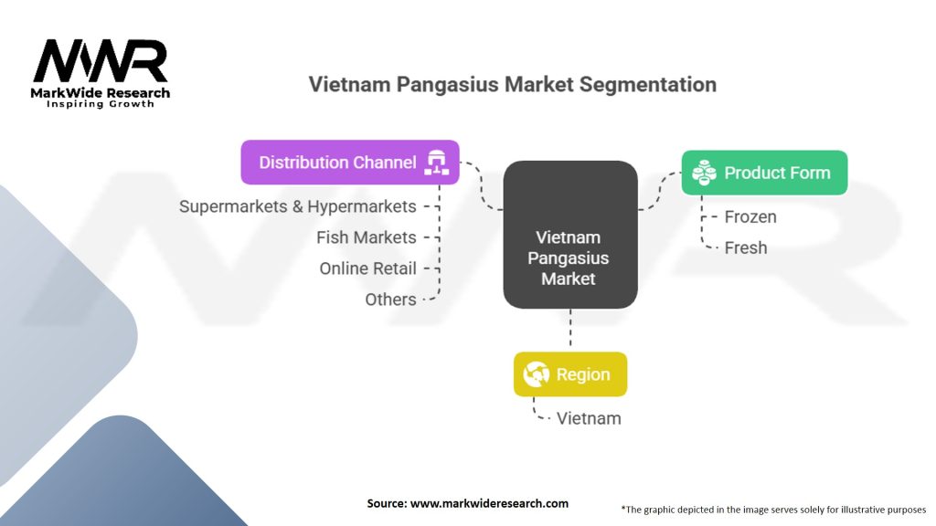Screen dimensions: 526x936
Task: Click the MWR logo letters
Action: [101, 61]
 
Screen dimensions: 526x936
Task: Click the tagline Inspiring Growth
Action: [101, 104]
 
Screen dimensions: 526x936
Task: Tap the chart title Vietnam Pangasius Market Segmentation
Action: [512, 85]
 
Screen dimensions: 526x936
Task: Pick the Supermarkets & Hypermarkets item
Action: [297, 206]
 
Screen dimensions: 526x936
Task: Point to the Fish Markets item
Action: [366, 237]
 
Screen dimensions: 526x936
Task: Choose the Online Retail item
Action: [367, 268]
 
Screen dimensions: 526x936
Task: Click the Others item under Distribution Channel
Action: [390, 300]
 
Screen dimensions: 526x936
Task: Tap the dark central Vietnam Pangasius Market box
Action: [569, 234]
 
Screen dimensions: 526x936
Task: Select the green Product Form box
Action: [764, 173]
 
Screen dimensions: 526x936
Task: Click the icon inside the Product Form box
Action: [704, 173]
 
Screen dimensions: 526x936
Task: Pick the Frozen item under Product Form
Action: [750, 216]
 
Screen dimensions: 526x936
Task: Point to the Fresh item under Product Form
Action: [746, 247]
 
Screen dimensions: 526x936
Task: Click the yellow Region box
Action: [570, 374]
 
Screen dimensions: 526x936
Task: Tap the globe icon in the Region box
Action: [535, 374]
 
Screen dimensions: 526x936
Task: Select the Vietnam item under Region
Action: [589, 418]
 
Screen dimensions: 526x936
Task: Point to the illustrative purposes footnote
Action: [773, 509]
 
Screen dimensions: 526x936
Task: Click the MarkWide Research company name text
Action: [101, 92]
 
